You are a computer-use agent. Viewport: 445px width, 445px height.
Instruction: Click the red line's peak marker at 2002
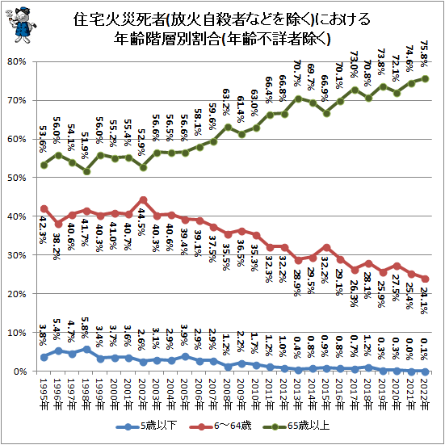[143, 199]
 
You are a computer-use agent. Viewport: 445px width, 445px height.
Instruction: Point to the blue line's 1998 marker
[86, 349]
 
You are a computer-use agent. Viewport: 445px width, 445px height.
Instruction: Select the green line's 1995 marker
[44, 164]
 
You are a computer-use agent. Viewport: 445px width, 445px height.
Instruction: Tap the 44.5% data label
[143, 220]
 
